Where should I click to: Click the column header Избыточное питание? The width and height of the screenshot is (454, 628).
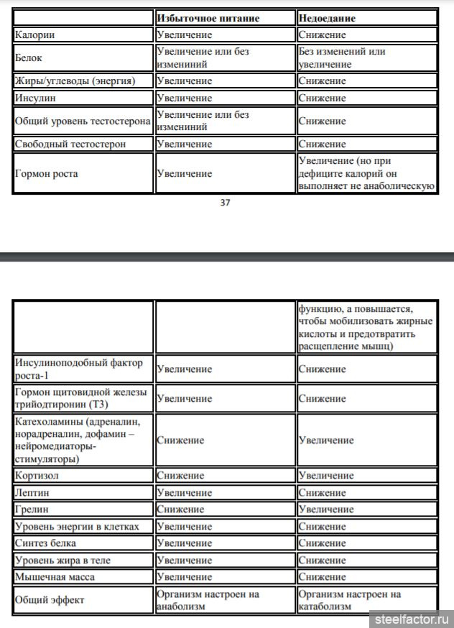(208, 17)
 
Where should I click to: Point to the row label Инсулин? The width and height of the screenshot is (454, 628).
(37, 98)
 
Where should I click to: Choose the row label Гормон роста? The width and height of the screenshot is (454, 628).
(47, 173)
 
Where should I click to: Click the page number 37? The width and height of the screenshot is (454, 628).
(225, 203)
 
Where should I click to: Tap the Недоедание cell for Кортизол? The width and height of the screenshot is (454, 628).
(326, 476)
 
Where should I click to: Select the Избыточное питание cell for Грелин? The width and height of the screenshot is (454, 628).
(180, 509)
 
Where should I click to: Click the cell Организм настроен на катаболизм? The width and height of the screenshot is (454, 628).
(349, 600)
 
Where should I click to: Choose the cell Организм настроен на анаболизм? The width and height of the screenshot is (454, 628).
(207, 600)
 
